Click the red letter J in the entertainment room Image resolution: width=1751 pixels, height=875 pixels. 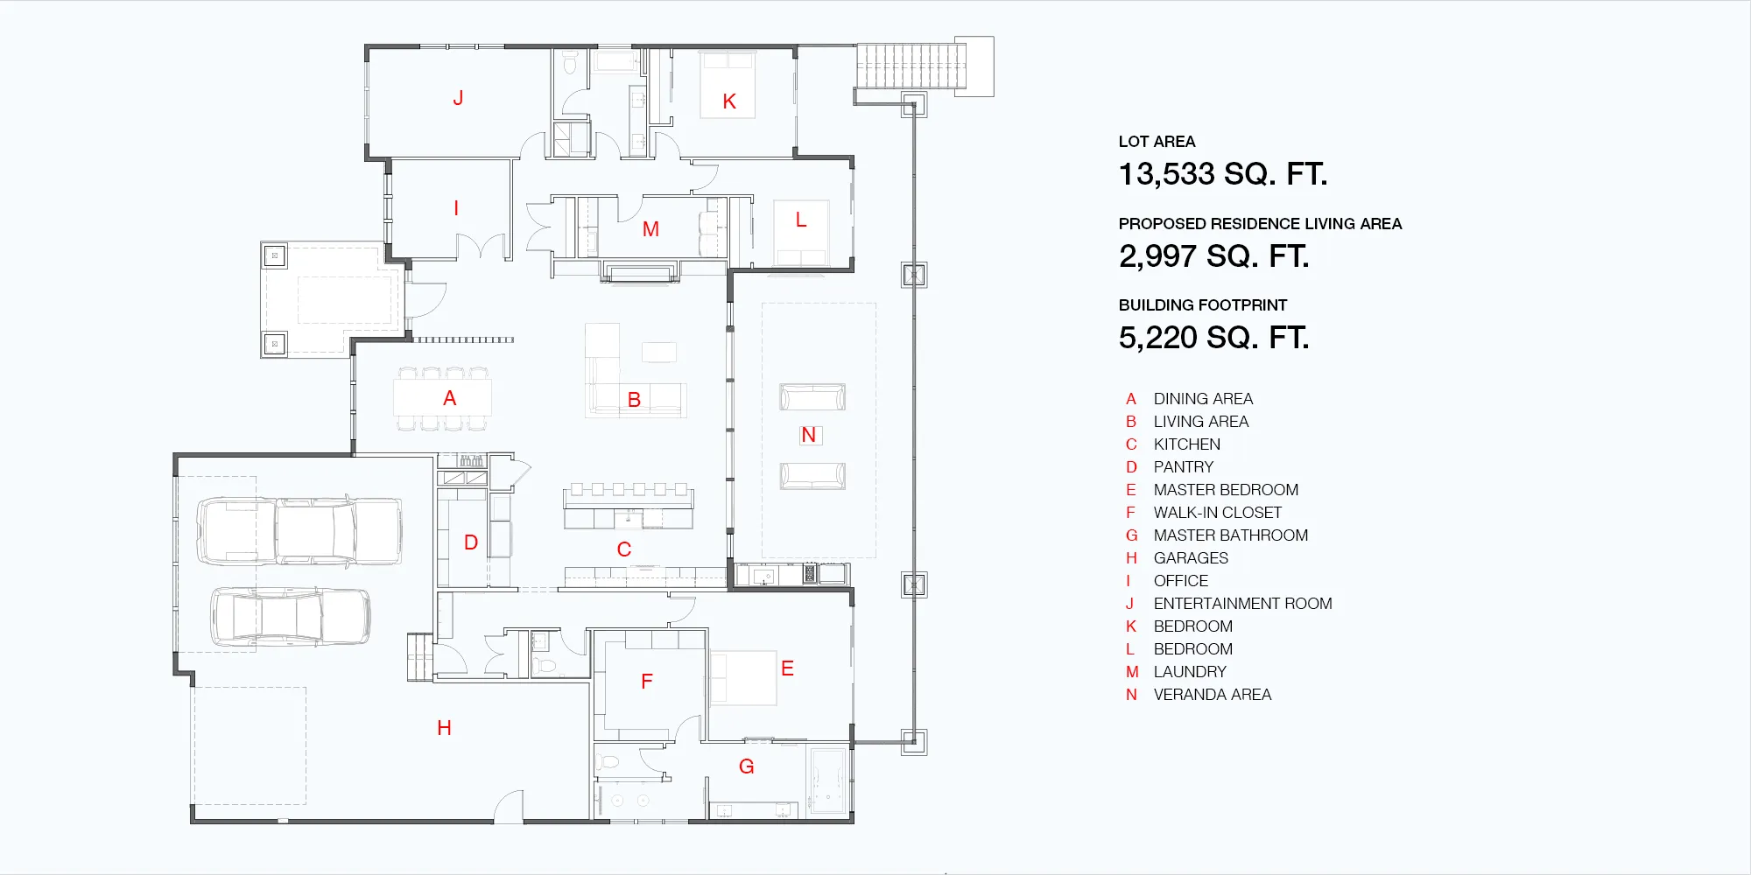(458, 98)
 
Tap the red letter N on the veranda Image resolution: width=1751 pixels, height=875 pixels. (808, 435)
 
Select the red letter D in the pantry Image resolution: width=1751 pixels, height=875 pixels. (471, 542)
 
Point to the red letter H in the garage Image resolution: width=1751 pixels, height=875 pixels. (444, 728)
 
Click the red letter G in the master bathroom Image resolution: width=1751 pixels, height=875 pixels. (746, 766)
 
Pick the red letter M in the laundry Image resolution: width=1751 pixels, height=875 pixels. (650, 229)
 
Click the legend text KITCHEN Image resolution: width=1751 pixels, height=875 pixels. (1186, 444)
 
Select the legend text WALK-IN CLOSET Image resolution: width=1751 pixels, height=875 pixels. (1217, 513)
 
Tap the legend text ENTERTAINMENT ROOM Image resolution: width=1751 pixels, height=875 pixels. (1242, 604)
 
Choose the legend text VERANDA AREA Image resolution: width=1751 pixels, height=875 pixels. (1212, 695)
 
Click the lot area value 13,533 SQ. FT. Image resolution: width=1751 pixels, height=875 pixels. (1223, 174)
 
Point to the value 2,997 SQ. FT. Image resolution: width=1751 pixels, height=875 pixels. (1214, 256)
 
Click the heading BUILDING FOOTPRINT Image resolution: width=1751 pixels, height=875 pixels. (1203, 305)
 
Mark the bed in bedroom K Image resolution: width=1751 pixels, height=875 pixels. (728, 85)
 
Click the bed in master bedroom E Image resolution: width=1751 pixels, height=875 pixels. (743, 677)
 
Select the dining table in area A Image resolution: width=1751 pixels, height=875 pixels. (442, 398)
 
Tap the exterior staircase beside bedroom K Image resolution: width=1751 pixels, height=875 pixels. (911, 66)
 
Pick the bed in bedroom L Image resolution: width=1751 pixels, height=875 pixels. (801, 233)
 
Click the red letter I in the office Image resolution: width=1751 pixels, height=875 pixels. (456, 208)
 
